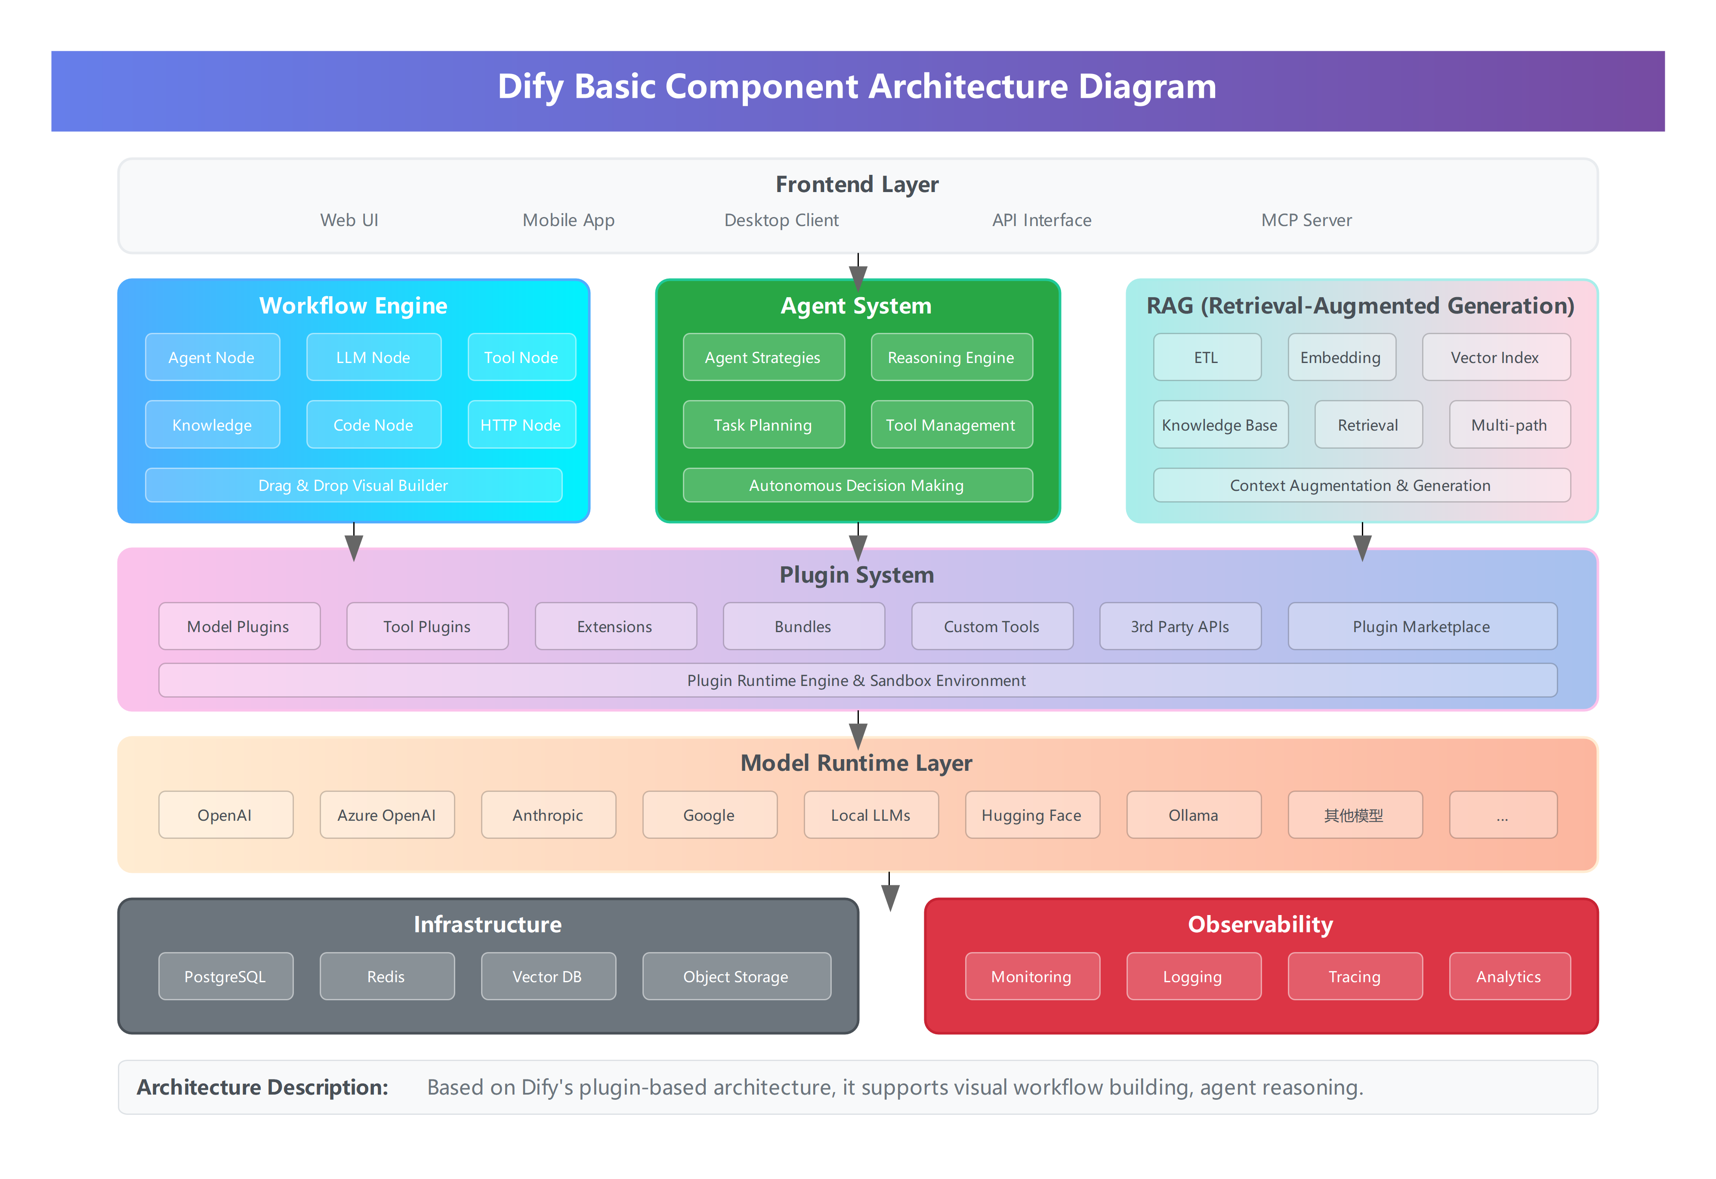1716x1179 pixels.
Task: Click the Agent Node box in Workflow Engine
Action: point(212,357)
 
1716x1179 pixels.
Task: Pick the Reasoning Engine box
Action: point(951,357)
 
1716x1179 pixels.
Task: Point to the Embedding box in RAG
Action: point(1341,357)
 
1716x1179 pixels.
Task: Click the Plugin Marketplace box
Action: point(1421,627)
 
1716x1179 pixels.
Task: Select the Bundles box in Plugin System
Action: point(803,627)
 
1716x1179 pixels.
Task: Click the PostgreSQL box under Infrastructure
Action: point(225,977)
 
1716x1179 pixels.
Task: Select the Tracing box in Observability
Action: point(1354,977)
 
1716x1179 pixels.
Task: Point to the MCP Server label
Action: point(1306,220)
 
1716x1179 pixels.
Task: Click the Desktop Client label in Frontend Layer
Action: point(781,220)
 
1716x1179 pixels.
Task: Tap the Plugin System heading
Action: point(857,575)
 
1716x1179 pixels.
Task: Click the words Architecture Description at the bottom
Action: point(262,1087)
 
